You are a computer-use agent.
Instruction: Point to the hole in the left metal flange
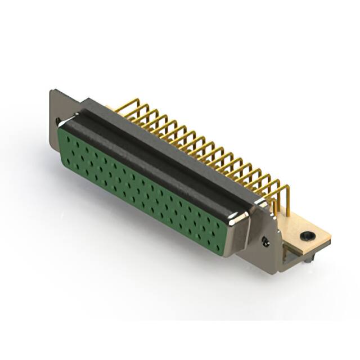58,121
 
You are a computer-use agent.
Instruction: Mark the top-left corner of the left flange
51,91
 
